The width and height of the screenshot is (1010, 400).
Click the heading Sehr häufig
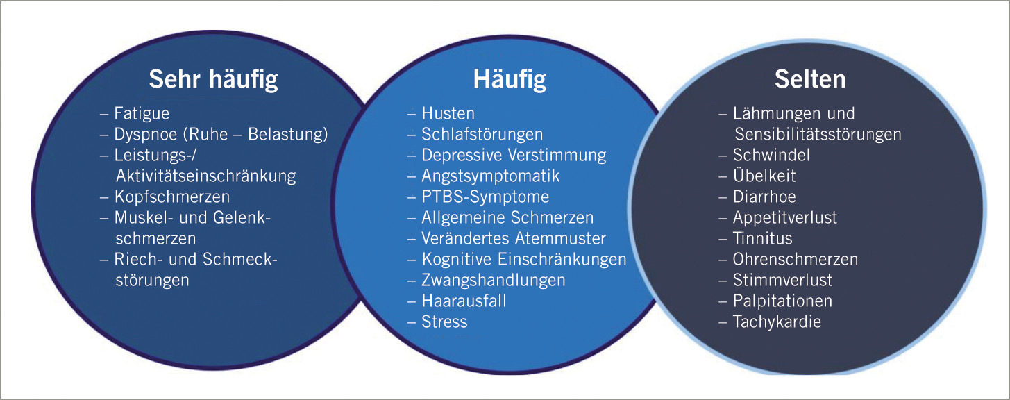pos(213,79)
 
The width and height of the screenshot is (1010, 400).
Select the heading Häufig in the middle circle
pos(510,79)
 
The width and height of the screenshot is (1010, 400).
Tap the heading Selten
pos(810,79)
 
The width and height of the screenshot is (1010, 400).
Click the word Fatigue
pos(142,113)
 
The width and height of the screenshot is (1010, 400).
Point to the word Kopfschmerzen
pos(172,197)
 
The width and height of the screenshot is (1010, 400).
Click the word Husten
pos(448,113)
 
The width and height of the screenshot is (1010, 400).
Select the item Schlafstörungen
pos(482,134)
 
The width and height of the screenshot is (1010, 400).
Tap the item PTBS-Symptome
pos(485,197)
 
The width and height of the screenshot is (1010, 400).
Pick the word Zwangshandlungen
pos(494,280)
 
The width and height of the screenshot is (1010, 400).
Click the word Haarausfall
pos(464,301)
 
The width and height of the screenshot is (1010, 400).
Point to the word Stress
pos(445,322)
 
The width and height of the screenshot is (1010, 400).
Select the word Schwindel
pos(771,155)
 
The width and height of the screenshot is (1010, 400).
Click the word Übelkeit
pos(764,176)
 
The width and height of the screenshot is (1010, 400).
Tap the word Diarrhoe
pos(764,197)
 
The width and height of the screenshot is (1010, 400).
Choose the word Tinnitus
pos(763,238)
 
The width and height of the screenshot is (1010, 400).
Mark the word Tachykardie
pos(777,322)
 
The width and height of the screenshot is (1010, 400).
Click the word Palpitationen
pos(782,301)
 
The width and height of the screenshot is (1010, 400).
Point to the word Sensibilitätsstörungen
pos(817,134)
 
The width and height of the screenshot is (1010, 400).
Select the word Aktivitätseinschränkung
pos(205,176)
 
